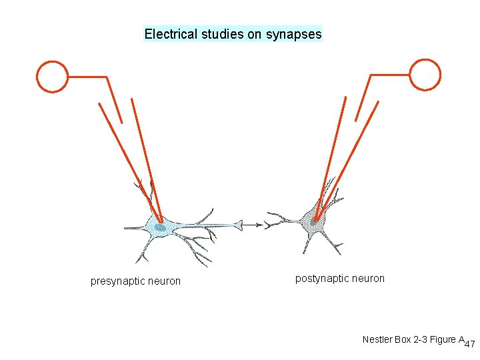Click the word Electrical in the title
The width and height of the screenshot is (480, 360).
[x=170, y=34]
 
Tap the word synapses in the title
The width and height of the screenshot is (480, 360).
[x=294, y=34]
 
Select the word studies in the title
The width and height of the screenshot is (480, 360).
[x=223, y=34]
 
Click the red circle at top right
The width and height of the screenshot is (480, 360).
[x=425, y=74]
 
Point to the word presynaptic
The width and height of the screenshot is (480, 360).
[x=117, y=281]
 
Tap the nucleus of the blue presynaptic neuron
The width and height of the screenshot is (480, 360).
[x=161, y=228]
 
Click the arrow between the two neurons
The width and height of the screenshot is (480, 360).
[x=253, y=225]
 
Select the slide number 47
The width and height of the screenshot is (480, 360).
[x=469, y=345]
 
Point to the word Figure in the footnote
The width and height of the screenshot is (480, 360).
[x=443, y=340]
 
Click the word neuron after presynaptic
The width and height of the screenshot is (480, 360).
[x=164, y=281]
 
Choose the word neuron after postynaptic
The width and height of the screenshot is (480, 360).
[x=368, y=279]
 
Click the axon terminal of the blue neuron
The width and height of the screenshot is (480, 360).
[x=238, y=225]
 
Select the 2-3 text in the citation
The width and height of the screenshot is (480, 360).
[x=420, y=340]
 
